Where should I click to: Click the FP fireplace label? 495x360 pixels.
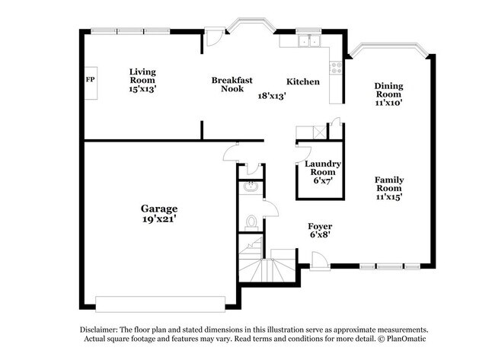[x=89, y=79]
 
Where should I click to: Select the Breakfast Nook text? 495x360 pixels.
[x=232, y=84]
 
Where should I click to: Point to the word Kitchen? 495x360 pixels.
[x=302, y=82]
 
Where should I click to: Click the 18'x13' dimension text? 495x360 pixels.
[x=272, y=96]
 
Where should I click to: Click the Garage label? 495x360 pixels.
[x=159, y=208]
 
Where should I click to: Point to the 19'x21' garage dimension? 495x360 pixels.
[x=159, y=219]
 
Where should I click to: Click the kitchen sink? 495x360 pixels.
[x=308, y=42]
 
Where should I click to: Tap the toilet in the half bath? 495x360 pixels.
[x=251, y=222]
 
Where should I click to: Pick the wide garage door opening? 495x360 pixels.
[x=160, y=299]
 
